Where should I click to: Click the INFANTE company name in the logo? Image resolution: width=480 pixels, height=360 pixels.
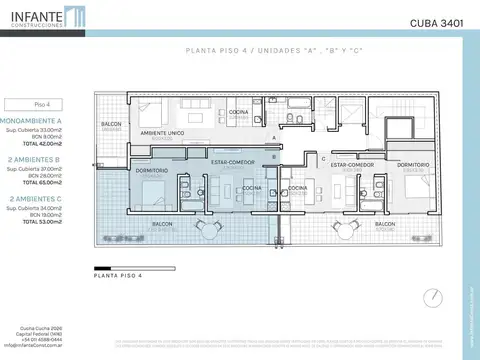33,14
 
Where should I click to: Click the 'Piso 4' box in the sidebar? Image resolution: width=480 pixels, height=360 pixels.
42,102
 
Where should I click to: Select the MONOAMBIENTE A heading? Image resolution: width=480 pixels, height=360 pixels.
40,118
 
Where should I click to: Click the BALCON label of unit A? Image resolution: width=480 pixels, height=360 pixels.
111,125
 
